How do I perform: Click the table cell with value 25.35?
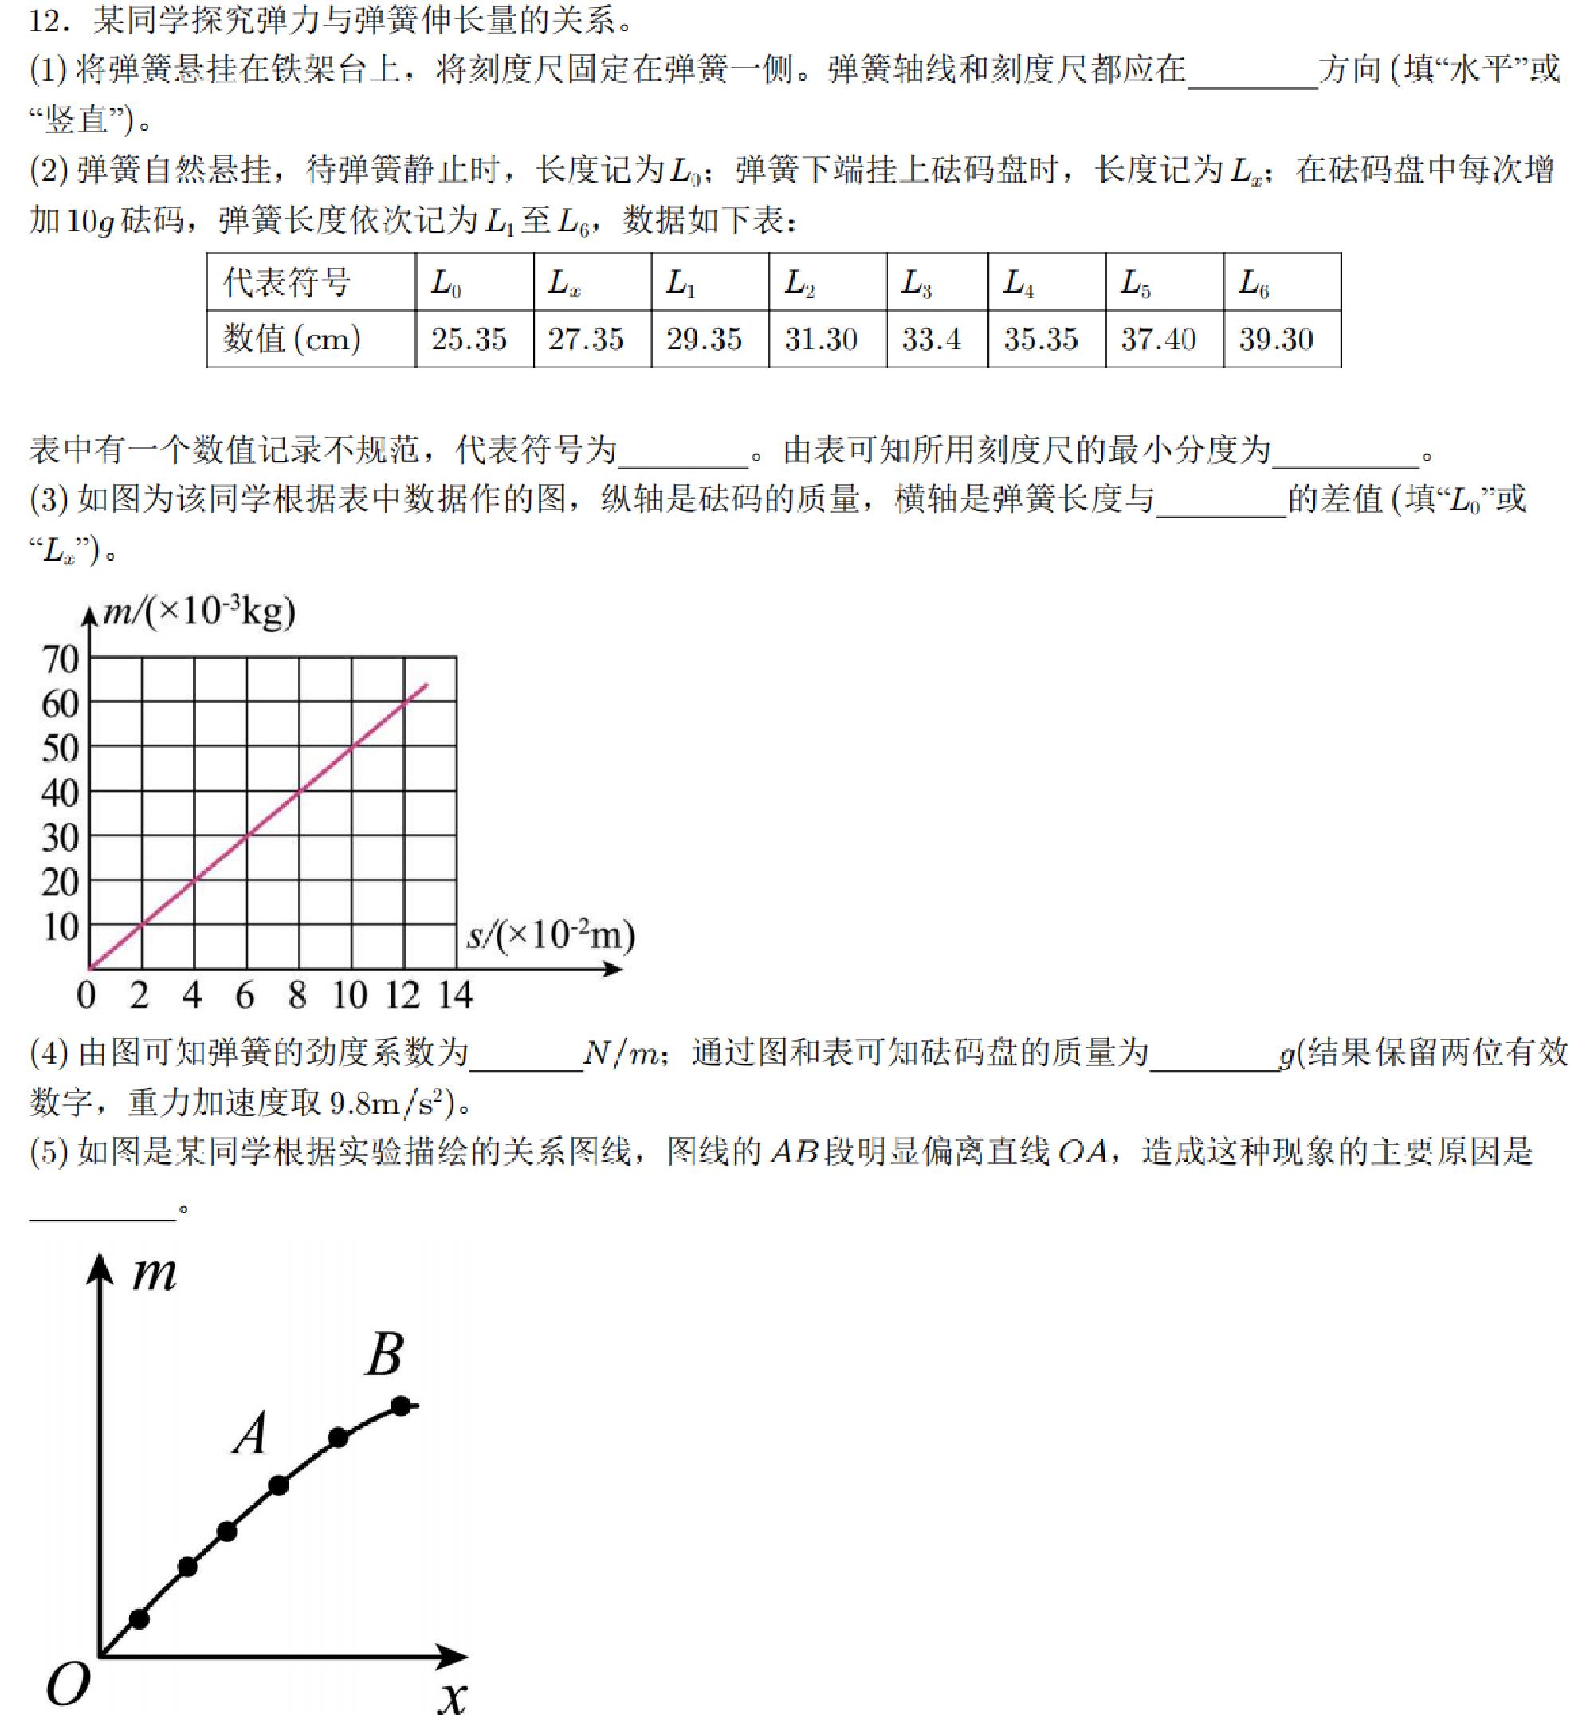(x=469, y=339)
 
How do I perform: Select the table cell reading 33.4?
(x=931, y=339)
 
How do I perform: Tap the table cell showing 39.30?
(x=1276, y=339)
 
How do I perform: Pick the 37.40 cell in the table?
(x=1158, y=339)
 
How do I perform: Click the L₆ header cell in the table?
(x=1254, y=283)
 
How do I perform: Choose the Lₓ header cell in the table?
(x=564, y=283)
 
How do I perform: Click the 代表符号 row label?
(x=287, y=283)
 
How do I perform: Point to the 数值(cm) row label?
(x=292, y=339)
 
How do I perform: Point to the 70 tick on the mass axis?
(x=61, y=660)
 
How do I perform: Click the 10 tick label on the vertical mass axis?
(x=61, y=927)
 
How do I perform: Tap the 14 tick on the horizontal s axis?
(x=455, y=996)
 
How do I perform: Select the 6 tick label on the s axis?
(x=245, y=996)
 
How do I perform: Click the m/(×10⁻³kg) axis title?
(x=198, y=611)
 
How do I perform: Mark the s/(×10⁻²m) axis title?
(x=550, y=935)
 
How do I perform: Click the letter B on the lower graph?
(x=385, y=1355)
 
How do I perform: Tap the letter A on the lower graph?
(x=251, y=1435)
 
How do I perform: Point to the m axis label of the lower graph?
(x=155, y=1275)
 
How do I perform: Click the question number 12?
(x=49, y=21)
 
